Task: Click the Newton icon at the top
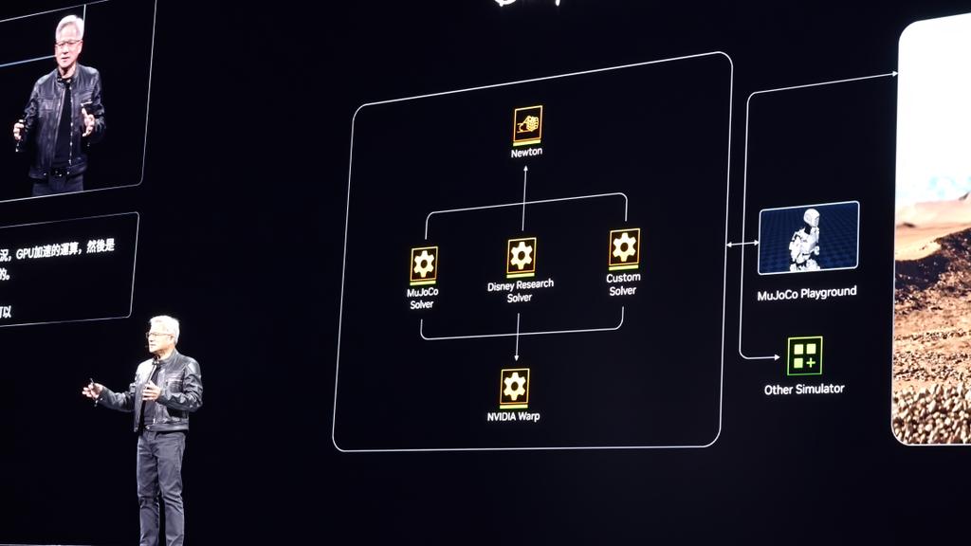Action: pyautogui.click(x=527, y=124)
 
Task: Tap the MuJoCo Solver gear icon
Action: pyautogui.click(x=423, y=264)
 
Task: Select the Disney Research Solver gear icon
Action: pyautogui.click(x=521, y=256)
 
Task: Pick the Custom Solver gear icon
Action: pyautogui.click(x=623, y=247)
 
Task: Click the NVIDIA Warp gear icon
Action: pyautogui.click(x=514, y=387)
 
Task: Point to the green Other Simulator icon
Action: pyautogui.click(x=804, y=355)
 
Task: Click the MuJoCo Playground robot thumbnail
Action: pyautogui.click(x=808, y=237)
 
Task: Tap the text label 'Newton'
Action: pyautogui.click(x=526, y=152)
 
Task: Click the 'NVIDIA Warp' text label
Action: pyautogui.click(x=513, y=416)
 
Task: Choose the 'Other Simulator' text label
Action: pyautogui.click(x=804, y=389)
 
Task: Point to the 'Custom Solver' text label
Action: pyautogui.click(x=623, y=284)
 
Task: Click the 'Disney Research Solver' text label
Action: pyautogui.click(x=520, y=291)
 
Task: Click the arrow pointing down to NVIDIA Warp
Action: pyautogui.click(x=517, y=337)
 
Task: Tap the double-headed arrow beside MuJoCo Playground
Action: pyautogui.click(x=742, y=245)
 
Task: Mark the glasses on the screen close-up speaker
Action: pyautogui.click(x=67, y=43)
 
